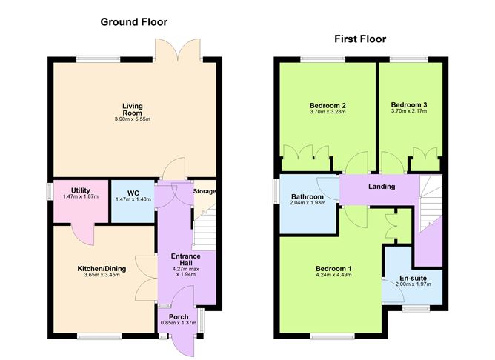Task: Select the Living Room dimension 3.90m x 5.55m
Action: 133,120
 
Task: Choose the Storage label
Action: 205,192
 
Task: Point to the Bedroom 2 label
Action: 327,106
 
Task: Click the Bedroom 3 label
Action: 408,105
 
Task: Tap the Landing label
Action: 382,187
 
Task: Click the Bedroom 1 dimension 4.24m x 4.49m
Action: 333,276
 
